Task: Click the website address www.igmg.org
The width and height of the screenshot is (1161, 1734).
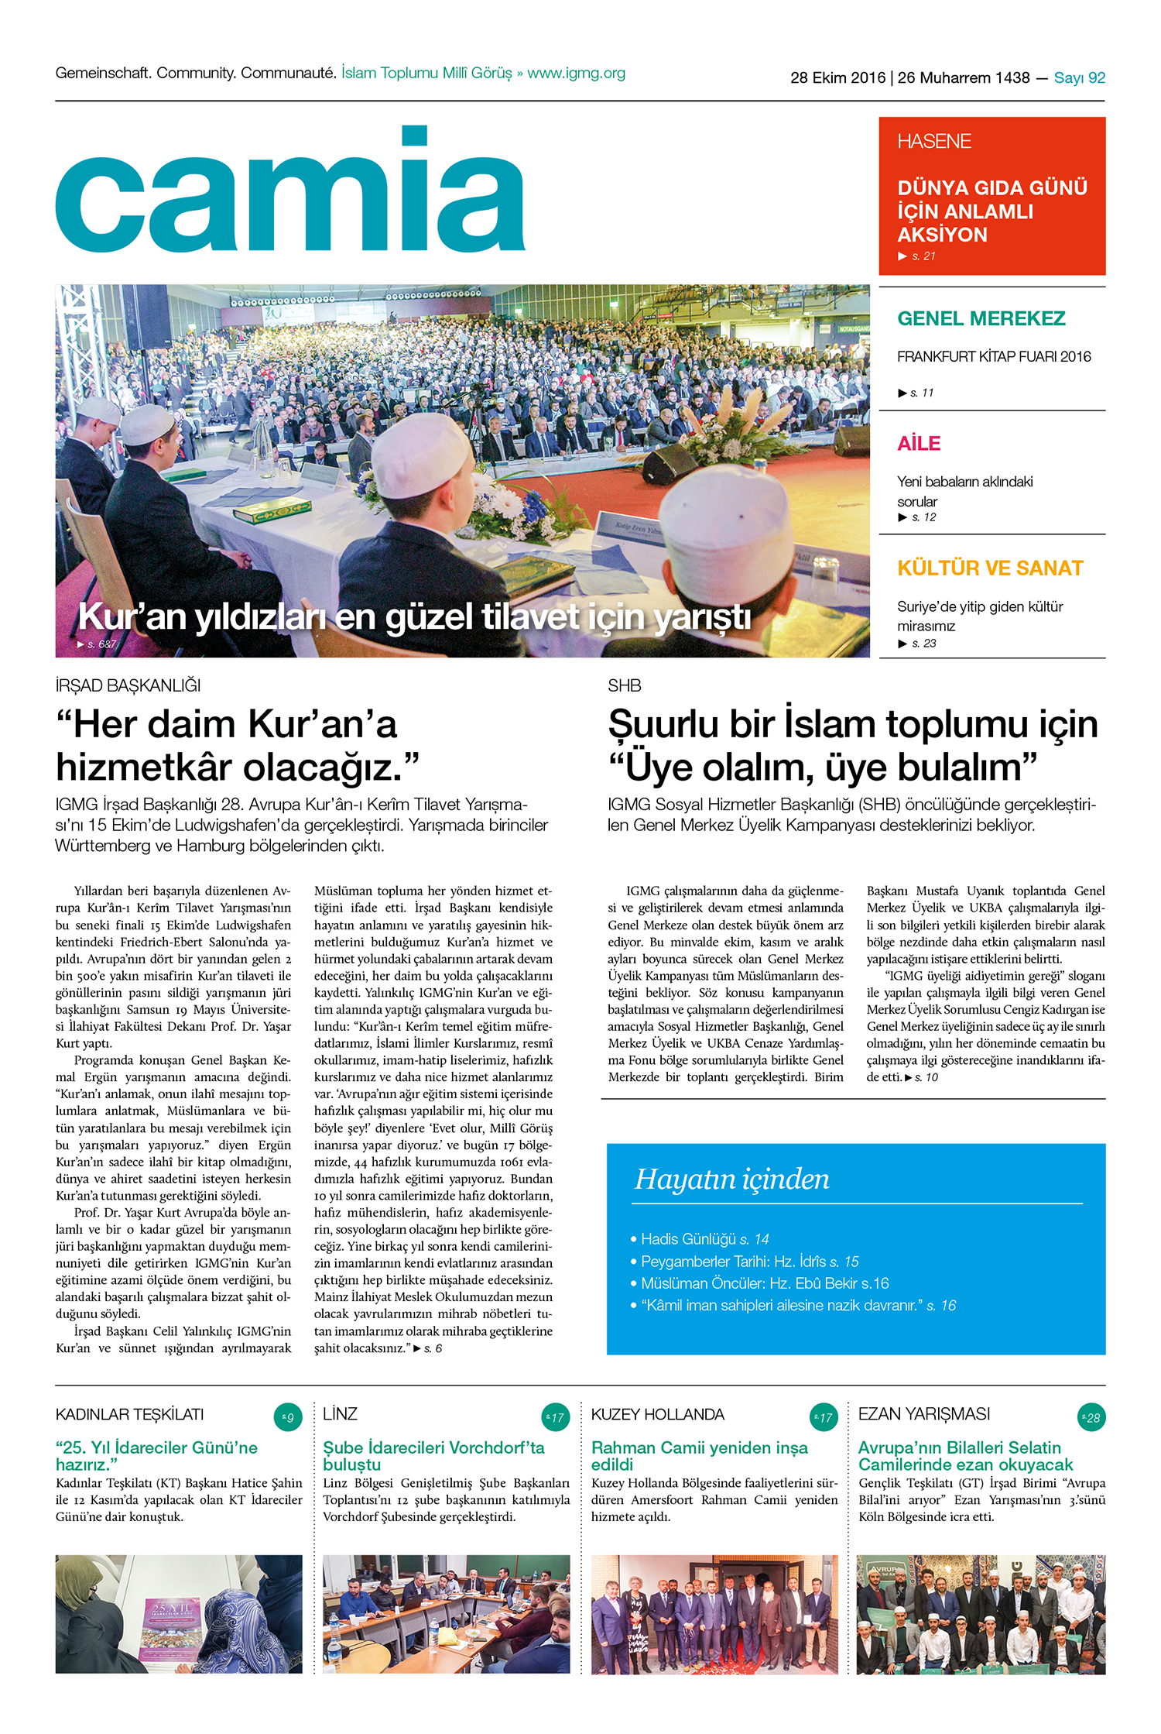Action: click(x=576, y=74)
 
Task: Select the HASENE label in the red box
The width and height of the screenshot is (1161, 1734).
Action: click(x=933, y=142)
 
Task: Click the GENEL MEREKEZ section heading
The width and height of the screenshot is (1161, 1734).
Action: click(x=981, y=319)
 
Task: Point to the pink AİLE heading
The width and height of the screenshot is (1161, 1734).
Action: click(x=919, y=444)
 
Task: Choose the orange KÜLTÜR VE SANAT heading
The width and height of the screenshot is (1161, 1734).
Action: click(x=990, y=568)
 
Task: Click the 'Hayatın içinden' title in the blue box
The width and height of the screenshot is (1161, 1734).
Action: click(x=731, y=1179)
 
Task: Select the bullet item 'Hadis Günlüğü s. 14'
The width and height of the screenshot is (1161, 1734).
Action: click(x=704, y=1239)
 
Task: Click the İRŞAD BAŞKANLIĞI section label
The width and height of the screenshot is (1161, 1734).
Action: click(x=128, y=686)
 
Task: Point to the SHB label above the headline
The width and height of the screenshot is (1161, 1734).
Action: click(x=624, y=686)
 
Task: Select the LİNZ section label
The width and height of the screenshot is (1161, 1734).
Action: click(x=340, y=1415)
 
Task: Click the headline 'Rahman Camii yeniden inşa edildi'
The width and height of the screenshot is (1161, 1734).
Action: click(x=699, y=1456)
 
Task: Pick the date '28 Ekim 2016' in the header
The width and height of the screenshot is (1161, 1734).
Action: click(x=837, y=78)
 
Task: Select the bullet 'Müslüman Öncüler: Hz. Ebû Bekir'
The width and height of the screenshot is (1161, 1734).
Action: click(x=765, y=1283)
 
